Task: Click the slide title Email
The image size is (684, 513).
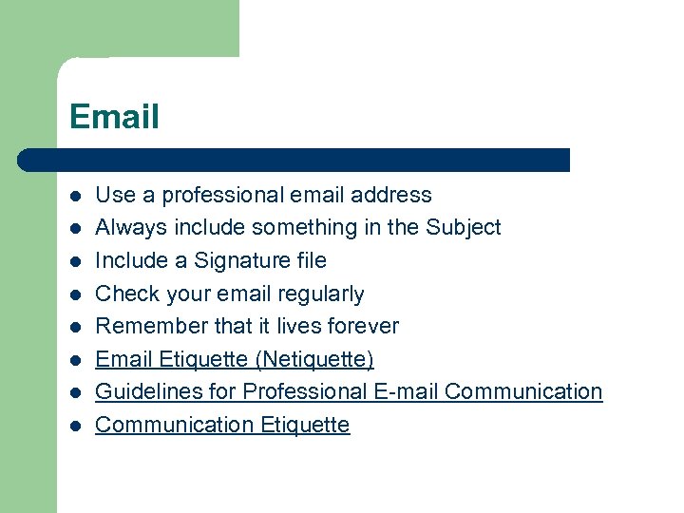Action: (114, 117)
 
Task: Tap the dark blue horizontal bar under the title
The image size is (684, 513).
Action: (294, 160)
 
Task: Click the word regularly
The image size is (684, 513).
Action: (320, 294)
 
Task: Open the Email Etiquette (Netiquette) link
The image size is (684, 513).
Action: (235, 359)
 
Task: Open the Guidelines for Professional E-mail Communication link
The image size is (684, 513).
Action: (349, 391)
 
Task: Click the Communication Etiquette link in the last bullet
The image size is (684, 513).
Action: (222, 425)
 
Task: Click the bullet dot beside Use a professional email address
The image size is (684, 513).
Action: (75, 197)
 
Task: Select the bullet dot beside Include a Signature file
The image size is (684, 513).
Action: (75, 262)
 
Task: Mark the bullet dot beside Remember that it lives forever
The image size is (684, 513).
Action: (75, 328)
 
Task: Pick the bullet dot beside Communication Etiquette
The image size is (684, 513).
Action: (75, 426)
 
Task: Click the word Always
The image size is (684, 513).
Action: (125, 228)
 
